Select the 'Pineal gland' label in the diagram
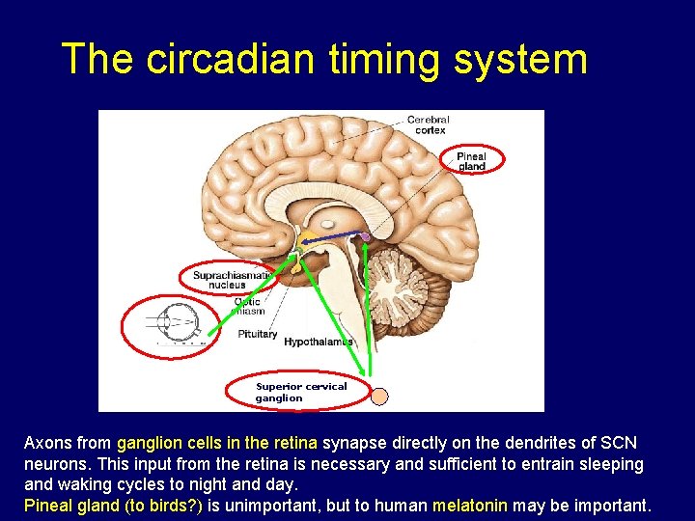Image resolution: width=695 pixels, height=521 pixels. pos(471,161)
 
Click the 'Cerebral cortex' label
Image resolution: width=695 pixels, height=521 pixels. pos(428,124)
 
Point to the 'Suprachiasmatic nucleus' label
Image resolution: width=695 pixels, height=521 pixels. pos(227,280)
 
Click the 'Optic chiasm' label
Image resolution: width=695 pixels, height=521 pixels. pos(248,307)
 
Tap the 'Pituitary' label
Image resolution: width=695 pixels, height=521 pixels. pos(258,335)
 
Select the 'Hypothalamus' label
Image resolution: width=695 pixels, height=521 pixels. pos(318,342)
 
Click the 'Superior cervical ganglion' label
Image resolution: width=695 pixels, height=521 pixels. pos(299,392)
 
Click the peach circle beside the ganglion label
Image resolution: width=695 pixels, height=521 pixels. pos(380,397)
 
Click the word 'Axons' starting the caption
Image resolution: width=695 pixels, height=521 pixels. pos(47,443)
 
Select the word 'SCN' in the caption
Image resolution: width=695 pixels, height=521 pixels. pos(618,443)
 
